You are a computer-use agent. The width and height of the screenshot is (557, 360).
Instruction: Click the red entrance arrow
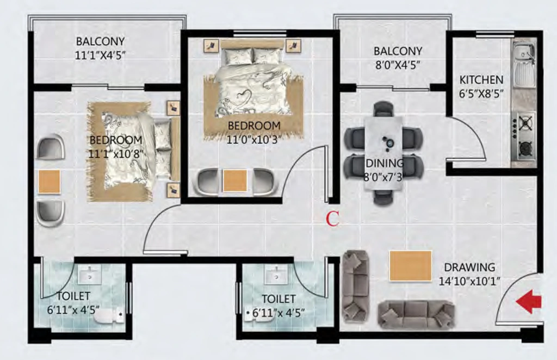click(529, 302)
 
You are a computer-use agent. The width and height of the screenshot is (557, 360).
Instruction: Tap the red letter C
click(332, 219)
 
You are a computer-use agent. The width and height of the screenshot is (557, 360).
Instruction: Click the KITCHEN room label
click(481, 80)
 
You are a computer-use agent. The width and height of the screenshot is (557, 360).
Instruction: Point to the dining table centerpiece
click(387, 141)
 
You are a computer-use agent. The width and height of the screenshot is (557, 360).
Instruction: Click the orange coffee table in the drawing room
click(411, 265)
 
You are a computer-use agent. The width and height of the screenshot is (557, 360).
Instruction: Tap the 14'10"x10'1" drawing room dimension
click(469, 282)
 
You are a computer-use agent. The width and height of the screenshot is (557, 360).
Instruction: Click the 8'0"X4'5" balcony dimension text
click(398, 65)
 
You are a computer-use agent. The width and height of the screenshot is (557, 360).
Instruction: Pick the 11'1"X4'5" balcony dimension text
click(101, 55)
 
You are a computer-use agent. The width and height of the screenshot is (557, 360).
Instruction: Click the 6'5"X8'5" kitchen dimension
click(481, 94)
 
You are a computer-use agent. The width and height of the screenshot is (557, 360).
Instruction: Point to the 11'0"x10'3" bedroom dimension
click(252, 140)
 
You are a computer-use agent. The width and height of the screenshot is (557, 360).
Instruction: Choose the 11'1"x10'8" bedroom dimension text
click(116, 154)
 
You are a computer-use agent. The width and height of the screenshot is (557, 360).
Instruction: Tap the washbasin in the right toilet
click(276, 275)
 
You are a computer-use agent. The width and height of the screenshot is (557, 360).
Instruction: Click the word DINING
click(385, 163)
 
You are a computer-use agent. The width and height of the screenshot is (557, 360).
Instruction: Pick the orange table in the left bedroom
click(49, 182)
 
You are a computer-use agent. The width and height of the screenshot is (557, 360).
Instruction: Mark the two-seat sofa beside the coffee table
click(355, 286)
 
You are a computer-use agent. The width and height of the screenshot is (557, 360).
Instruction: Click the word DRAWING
click(469, 268)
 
